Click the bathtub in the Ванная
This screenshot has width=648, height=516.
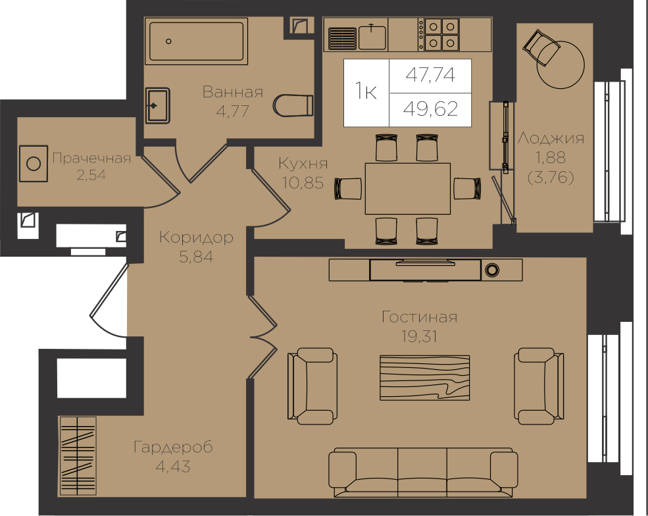click(196, 41)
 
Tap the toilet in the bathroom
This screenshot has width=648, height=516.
click(293, 105)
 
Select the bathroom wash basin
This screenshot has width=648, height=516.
click(157, 105)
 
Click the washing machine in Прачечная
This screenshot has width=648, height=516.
click(34, 163)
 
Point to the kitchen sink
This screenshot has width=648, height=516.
click(372, 37)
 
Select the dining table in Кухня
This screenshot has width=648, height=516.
click(407, 188)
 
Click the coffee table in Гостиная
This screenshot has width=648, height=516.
click(425, 378)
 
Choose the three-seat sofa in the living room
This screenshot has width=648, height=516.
click(423, 473)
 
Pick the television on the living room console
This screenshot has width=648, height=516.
click(425, 263)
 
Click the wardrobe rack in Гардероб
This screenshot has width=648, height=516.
click(77, 455)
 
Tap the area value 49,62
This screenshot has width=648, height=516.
click(431, 109)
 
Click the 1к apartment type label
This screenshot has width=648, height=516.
click(366, 91)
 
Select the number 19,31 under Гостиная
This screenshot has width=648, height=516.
click(419, 337)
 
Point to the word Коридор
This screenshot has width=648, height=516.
click(196, 238)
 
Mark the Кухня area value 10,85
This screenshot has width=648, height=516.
click(303, 182)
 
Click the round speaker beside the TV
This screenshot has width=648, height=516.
click(491, 270)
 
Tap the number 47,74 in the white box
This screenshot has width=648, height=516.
click(430, 75)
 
